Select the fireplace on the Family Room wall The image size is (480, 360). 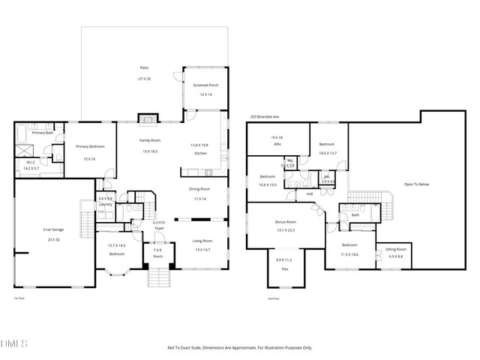[x=148, y=118]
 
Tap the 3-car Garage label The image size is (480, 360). [x=52, y=229]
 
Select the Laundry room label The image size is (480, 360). [x=105, y=204]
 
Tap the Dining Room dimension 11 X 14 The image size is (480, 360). [x=199, y=199]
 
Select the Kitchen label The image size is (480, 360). [x=200, y=153]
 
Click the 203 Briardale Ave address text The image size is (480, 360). [x=264, y=117]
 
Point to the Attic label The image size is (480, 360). [x=277, y=142]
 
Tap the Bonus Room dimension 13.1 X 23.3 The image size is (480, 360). [x=286, y=231]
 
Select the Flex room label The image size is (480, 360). [x=285, y=268]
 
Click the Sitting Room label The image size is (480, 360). [x=395, y=249]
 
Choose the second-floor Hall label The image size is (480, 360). [x=309, y=193]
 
